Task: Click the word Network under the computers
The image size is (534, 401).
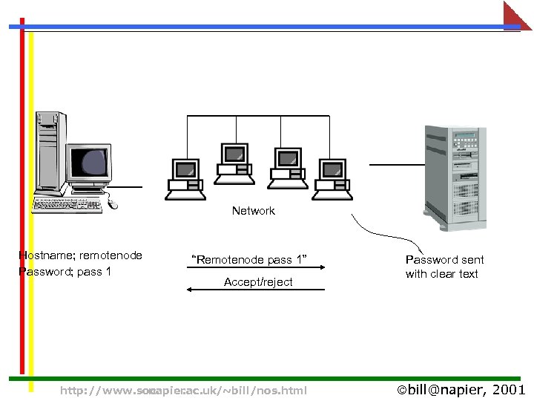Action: coord(253,211)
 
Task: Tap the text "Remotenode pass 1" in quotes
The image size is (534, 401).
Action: coord(248,260)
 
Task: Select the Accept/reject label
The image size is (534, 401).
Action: coord(258,282)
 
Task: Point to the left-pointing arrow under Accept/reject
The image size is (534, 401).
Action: coord(255,290)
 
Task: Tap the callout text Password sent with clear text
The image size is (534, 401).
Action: coord(444,267)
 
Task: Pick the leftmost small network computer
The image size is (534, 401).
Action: coord(184,179)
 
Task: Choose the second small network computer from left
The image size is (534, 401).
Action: coord(234,164)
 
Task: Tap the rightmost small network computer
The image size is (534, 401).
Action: coord(331,179)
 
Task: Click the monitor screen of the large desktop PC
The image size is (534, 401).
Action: coord(89,160)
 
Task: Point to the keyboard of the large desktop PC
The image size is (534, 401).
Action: coord(67,205)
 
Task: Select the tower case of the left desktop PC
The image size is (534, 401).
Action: coord(50,149)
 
